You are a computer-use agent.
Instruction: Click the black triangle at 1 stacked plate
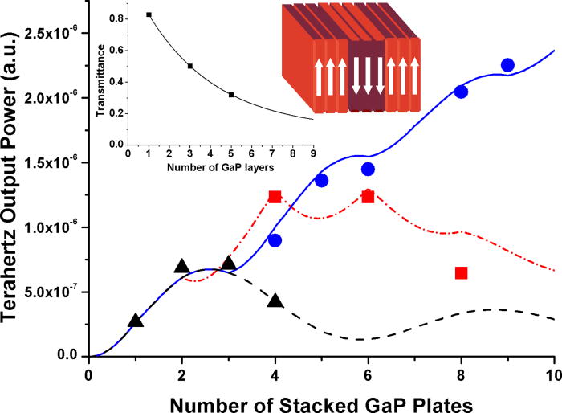[x=136, y=321]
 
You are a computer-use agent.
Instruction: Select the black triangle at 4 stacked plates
[x=275, y=301]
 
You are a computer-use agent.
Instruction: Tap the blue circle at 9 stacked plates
[x=507, y=65]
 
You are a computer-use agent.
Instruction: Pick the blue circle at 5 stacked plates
[x=322, y=180]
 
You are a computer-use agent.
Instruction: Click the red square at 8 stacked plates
[x=461, y=273]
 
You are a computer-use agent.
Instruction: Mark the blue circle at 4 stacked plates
[x=275, y=240]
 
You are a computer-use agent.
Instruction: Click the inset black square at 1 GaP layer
[x=149, y=15]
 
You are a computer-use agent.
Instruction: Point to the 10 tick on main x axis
[x=554, y=374]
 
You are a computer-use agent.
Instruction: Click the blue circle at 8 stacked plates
[x=461, y=92]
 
